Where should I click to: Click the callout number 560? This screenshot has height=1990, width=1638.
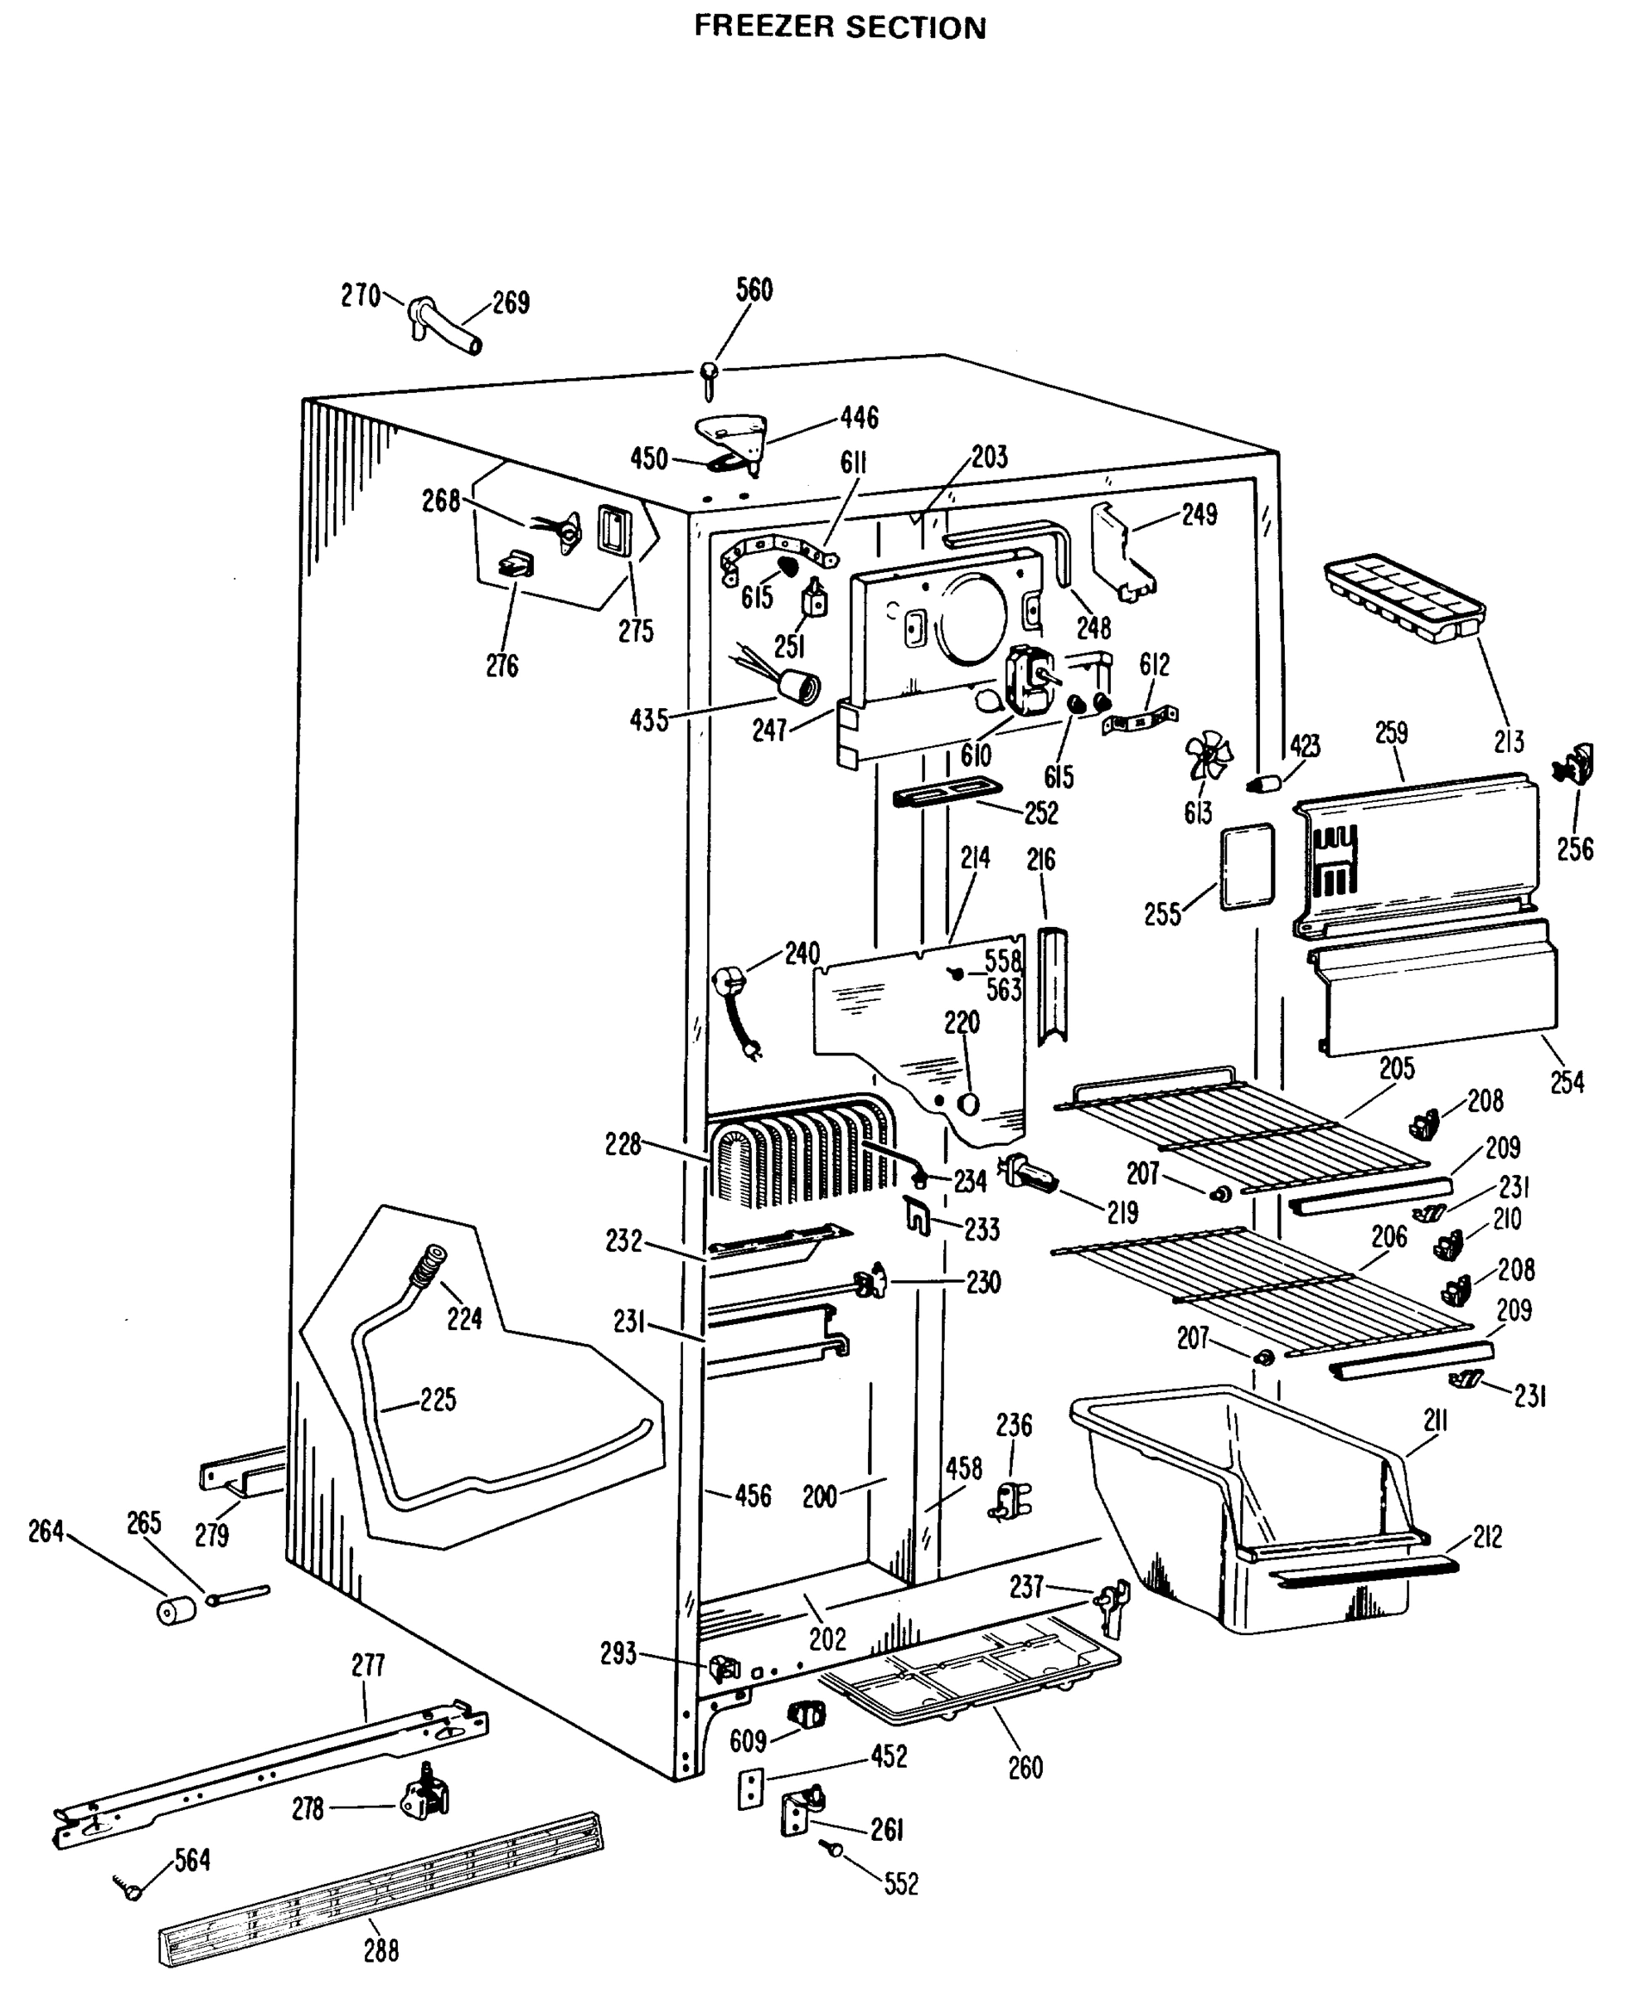pyautogui.click(x=754, y=289)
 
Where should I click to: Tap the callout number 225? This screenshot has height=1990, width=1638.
pyautogui.click(x=438, y=1400)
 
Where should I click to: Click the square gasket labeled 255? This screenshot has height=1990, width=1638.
pyautogui.click(x=1247, y=866)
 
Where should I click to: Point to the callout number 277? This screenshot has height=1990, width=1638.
pyautogui.click(x=367, y=1666)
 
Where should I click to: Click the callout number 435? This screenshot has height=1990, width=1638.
pyautogui.click(x=649, y=721)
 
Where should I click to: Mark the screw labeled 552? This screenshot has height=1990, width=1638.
pyautogui.click(x=833, y=1847)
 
